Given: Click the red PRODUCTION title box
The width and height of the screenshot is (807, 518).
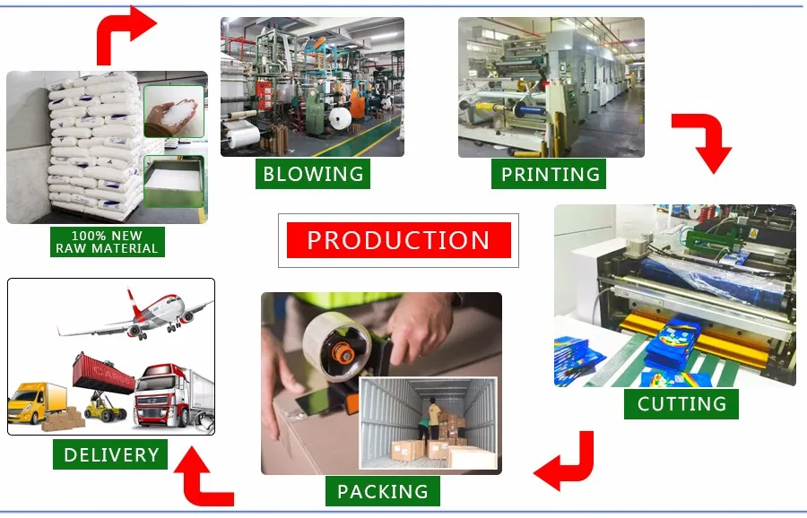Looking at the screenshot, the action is tap(398, 240).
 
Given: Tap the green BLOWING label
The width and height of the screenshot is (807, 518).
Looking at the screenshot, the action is tap(313, 173).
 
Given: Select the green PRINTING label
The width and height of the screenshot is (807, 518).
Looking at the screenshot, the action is tap(549, 174).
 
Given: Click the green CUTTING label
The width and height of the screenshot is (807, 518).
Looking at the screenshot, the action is tap(681, 403).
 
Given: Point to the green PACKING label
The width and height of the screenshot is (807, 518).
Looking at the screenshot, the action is tap(383, 490).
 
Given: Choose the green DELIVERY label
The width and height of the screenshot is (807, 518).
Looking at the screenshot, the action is tap(111, 454).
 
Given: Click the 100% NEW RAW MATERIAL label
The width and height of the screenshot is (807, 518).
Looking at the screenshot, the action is tap(107, 242).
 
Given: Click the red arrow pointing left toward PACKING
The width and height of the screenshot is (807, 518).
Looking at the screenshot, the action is tap(566, 462).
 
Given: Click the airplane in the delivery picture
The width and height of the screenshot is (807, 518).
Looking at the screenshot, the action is tap(134, 313).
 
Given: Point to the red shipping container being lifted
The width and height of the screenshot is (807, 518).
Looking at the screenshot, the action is tap(102, 370).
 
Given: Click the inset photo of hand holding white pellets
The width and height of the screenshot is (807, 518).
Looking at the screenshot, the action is tap(174, 110).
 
